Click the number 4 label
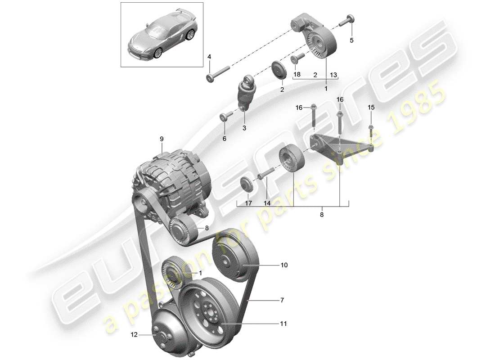[x=209, y=57]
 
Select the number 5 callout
[x=352, y=40]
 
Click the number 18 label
[x=297, y=74]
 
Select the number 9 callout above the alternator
[x=162, y=139]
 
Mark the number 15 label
[x=371, y=107]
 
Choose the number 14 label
[x=267, y=203]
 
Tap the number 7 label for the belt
[x=282, y=299]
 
